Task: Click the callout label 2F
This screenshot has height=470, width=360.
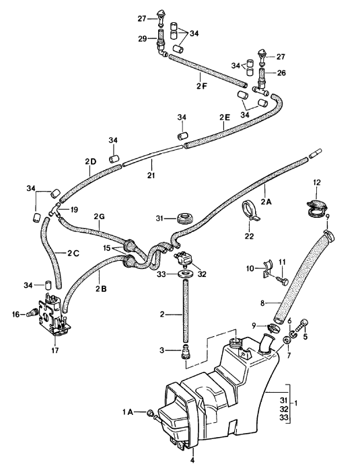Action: (202, 85)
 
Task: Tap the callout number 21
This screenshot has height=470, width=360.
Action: (151, 175)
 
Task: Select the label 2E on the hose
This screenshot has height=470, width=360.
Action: (224, 117)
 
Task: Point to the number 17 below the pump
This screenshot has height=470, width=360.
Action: (55, 350)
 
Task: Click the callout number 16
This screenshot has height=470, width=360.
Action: (16, 315)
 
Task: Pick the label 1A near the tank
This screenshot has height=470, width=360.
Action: (127, 413)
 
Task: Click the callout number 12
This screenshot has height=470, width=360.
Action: (317, 182)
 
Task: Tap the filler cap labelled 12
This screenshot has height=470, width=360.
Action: (316, 208)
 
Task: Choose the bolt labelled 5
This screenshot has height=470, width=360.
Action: (302, 325)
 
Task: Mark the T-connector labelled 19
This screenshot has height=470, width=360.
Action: (55, 209)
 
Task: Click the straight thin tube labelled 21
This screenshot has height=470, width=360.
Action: (152, 155)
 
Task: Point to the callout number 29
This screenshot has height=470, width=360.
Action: (143, 39)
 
